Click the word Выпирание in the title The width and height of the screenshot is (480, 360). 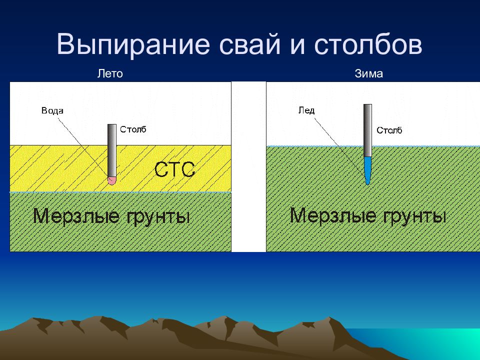click(x=133, y=44)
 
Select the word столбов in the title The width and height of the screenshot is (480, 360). click(x=368, y=44)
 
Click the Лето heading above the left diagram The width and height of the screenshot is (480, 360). click(x=110, y=74)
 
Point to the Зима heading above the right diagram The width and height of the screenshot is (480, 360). click(x=368, y=74)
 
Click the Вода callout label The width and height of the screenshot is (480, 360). click(x=52, y=110)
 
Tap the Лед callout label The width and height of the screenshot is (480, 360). click(x=306, y=110)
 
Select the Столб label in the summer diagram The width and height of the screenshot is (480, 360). click(x=133, y=129)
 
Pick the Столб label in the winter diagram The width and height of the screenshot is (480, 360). click(x=389, y=130)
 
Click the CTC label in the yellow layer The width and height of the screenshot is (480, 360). click(x=174, y=169)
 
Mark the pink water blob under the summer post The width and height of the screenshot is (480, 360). click(x=112, y=180)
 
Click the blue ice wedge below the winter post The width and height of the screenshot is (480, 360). click(x=367, y=170)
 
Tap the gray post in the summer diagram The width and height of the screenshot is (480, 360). click(x=112, y=150)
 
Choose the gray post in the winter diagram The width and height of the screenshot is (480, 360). click(x=367, y=130)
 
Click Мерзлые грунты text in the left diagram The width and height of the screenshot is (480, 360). click(x=111, y=216)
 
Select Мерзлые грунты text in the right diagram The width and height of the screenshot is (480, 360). click(x=367, y=215)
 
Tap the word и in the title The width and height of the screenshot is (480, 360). click(x=297, y=46)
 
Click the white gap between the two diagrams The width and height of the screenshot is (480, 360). click(x=248, y=166)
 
